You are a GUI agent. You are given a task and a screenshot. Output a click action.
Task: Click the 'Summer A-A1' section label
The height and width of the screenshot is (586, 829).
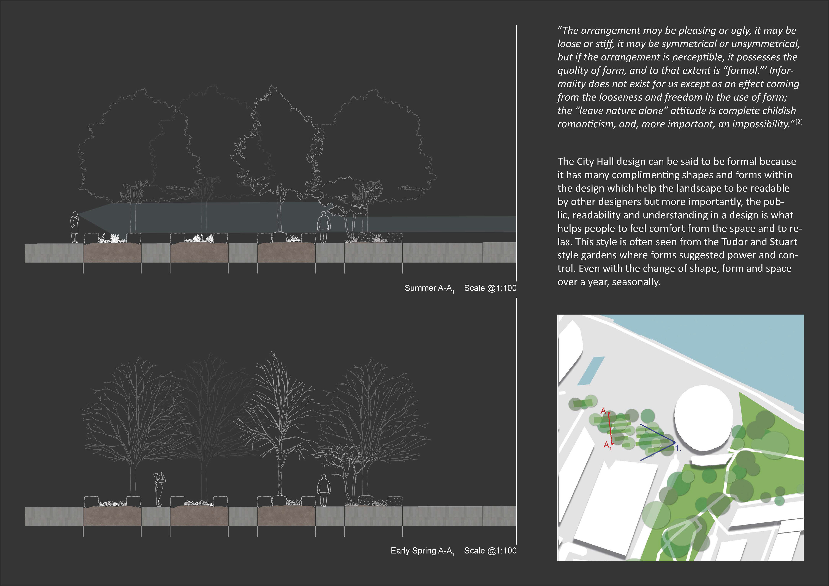pos(429,288)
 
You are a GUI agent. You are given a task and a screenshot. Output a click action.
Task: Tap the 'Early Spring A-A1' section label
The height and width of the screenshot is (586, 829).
pos(422,551)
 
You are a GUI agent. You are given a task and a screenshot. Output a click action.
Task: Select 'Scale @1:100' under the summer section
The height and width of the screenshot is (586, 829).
pos(490,288)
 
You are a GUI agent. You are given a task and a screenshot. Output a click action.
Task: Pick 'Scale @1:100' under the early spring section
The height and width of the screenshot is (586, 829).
pos(490,551)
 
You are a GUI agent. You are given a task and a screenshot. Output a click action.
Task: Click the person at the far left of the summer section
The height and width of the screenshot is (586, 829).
pos(74,227)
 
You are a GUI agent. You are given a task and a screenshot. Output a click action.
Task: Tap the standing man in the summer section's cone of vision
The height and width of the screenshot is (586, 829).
pos(324,227)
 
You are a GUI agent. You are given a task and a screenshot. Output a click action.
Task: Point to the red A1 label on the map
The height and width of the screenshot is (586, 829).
pos(607,445)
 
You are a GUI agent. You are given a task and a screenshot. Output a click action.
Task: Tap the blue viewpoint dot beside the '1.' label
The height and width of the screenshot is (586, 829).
pos(674,442)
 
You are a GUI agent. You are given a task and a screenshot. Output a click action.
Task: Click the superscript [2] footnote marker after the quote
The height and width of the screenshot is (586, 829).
pos(799,122)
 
